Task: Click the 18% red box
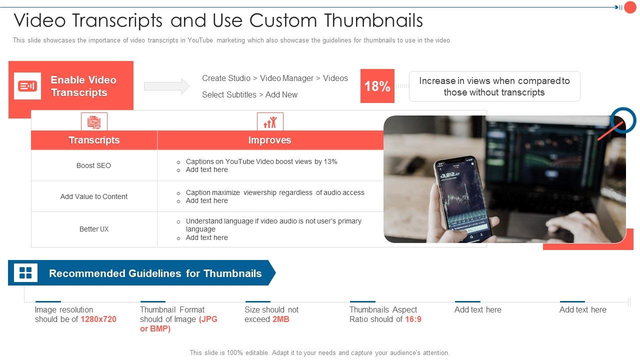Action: coord(377,86)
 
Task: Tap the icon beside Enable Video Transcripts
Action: coord(27,86)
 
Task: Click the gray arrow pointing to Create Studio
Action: coord(167,86)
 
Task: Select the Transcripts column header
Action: coord(94,140)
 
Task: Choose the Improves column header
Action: coord(269,140)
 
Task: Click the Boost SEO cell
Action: coord(94,165)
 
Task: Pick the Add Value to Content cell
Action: coord(94,196)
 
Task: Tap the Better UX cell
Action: coord(94,229)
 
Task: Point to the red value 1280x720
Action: coord(98,319)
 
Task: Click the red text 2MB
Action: coord(281,319)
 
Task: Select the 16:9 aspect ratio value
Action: coord(413,319)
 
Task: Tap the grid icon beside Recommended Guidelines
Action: coord(25,273)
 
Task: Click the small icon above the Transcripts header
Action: coord(94,121)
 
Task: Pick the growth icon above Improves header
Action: coord(270,121)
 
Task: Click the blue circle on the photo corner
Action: coord(623,120)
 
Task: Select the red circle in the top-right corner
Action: coord(630,7)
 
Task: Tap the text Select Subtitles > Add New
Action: coord(249,94)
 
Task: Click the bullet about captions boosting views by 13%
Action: coord(261,161)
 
